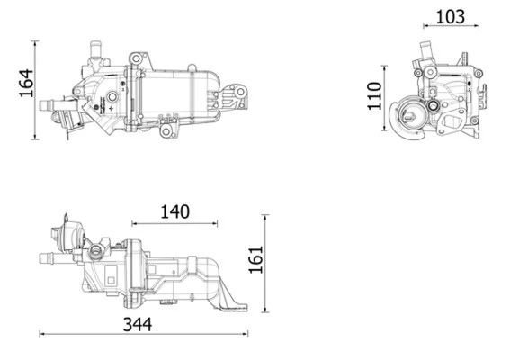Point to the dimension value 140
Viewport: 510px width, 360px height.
click(x=174, y=211)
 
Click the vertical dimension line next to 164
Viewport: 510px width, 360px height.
click(x=35, y=89)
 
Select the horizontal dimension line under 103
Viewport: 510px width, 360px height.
click(x=450, y=28)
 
